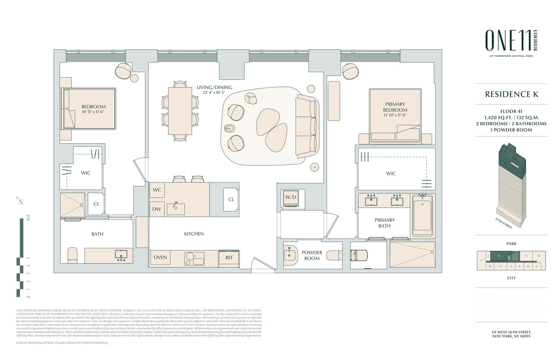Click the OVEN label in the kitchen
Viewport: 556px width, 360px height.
160,257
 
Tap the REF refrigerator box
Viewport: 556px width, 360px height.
229,257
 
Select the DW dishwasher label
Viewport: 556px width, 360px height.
157,209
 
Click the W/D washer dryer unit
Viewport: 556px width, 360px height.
290,197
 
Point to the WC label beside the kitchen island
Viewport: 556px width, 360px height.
157,190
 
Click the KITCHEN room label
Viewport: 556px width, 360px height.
194,234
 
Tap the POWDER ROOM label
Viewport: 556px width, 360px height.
312,255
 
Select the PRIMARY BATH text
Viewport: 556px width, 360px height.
384,223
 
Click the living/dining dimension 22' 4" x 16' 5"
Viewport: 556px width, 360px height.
214,93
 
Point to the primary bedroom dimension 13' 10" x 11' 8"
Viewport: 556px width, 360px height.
395,115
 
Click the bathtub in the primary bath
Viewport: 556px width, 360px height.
423,216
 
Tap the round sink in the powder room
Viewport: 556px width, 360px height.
289,255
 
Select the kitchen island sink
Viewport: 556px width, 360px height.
176,209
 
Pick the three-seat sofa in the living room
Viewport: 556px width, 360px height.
307,126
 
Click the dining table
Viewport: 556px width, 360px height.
180,111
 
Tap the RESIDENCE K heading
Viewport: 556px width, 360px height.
511,94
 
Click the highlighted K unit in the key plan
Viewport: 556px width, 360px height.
499,256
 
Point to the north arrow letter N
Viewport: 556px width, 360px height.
21,202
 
